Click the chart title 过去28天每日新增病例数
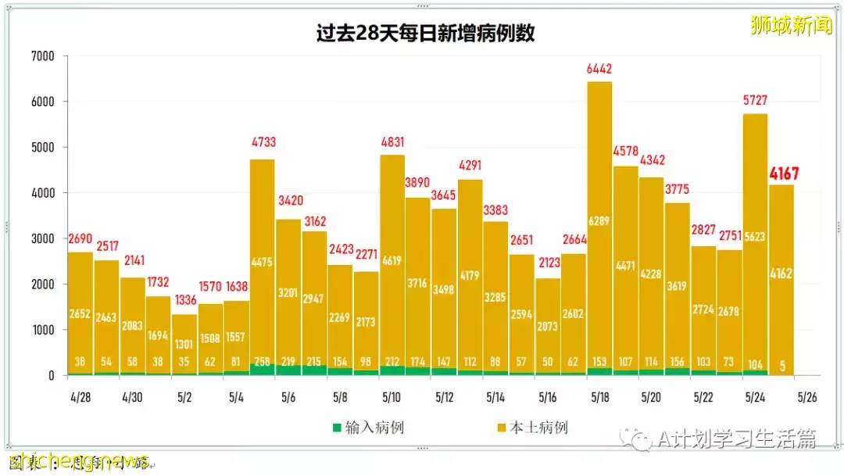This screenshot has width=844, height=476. (x=425, y=34)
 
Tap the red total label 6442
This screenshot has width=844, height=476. (x=599, y=69)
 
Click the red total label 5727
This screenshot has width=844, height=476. (x=756, y=101)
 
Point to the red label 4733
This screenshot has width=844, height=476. (x=263, y=142)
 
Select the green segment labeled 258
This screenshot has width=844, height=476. (x=263, y=362)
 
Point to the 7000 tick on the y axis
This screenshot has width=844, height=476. (x=43, y=56)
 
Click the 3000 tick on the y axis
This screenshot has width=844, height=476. (x=43, y=238)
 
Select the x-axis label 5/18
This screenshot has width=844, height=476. (x=599, y=396)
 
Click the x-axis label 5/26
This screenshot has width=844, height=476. (x=807, y=396)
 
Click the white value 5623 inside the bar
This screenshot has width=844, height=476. (x=756, y=237)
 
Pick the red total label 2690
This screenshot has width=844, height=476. (x=80, y=238)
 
